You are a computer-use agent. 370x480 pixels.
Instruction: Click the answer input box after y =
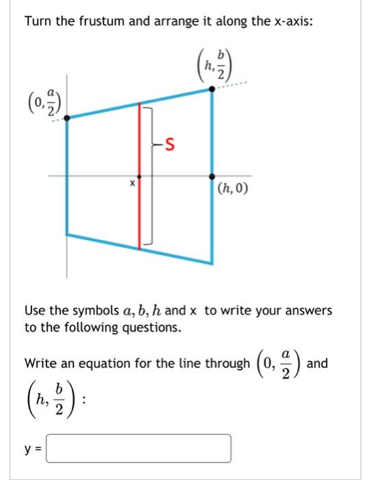[138, 448]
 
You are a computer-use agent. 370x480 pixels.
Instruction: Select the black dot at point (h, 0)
[211, 176]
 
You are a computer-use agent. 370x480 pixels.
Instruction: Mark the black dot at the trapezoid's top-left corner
[66, 118]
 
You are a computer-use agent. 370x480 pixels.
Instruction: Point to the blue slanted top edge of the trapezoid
[137, 104]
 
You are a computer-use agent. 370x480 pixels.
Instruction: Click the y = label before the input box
[32, 448]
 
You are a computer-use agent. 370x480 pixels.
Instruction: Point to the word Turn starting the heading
[38, 21]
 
